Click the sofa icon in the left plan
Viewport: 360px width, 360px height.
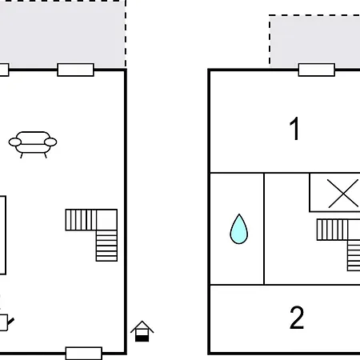(33, 145)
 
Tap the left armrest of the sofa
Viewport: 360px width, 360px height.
(15, 142)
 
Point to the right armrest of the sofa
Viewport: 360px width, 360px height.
(50, 142)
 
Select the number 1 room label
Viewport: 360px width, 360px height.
(294, 129)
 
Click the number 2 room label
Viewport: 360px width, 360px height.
(297, 318)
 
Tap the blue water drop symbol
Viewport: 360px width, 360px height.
(239, 229)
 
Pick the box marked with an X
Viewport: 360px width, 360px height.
(334, 193)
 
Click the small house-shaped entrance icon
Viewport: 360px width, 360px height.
(142, 331)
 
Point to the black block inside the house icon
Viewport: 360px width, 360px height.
(142, 338)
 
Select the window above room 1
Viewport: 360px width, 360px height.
(317, 70)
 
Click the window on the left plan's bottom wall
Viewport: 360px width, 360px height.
(84, 354)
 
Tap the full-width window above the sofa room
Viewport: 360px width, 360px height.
(76, 70)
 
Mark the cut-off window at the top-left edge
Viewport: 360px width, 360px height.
(4, 70)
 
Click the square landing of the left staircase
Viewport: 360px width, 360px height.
(107, 220)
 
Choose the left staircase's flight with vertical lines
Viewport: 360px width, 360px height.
(81, 220)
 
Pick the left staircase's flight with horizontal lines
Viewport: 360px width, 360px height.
(106, 246)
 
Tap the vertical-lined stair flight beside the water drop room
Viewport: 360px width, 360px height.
(332, 230)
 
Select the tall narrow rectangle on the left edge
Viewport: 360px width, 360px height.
(2, 235)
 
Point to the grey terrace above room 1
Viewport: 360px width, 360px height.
(314, 40)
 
